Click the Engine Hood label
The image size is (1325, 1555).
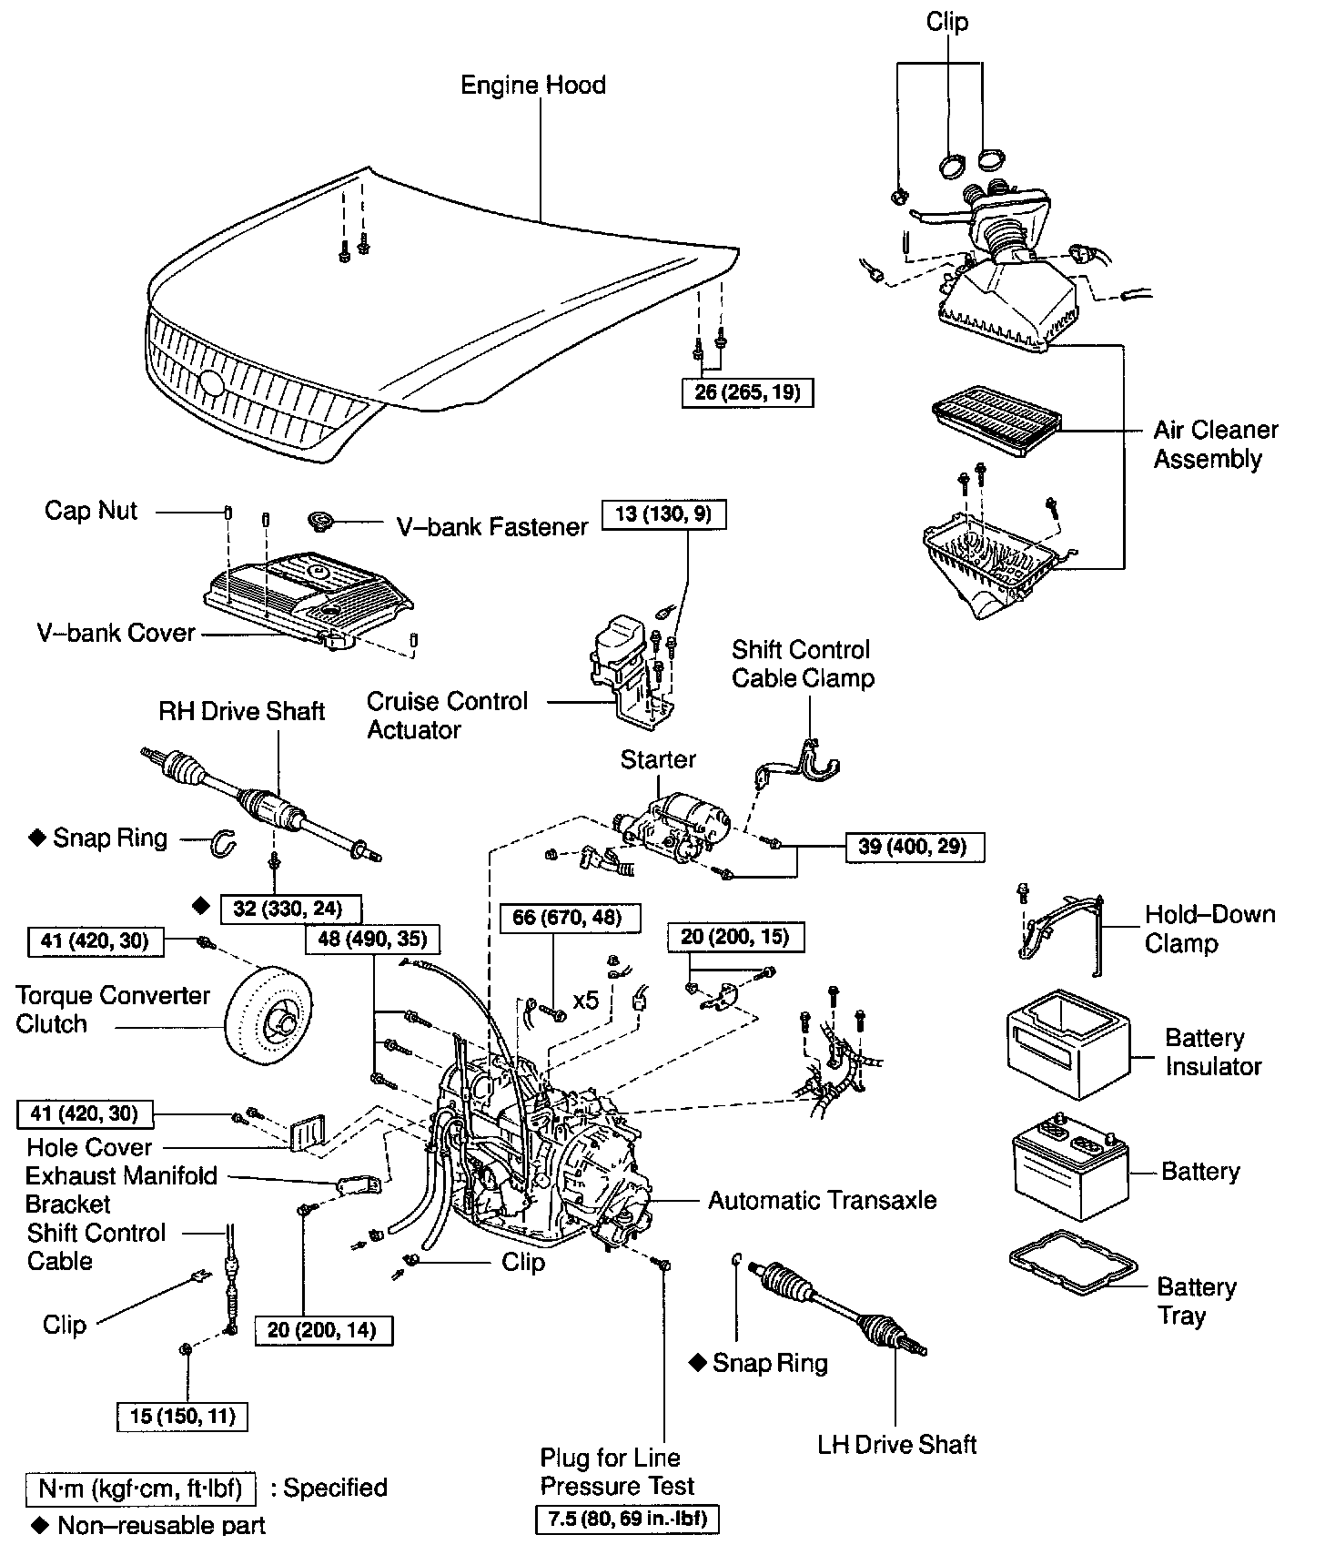[x=532, y=86]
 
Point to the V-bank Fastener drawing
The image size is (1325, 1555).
[x=321, y=522]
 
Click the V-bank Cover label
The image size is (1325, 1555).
[x=116, y=633]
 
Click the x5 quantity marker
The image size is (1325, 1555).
[x=586, y=1000]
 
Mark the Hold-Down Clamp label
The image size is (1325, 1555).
[x=1209, y=929]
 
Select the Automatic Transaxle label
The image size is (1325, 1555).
[x=822, y=1200]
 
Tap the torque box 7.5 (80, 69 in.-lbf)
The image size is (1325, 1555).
[x=629, y=1519]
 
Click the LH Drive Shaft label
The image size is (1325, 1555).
[x=896, y=1444]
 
